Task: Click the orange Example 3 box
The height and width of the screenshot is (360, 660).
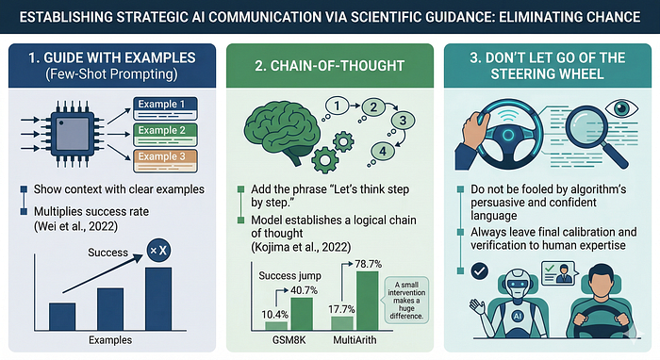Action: pos(165,160)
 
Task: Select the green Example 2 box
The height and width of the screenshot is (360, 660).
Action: pos(165,135)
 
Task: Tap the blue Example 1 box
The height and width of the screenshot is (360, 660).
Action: pos(165,108)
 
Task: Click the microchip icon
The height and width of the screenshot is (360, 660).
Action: pos(73,134)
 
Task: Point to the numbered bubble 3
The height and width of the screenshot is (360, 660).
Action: pos(403,121)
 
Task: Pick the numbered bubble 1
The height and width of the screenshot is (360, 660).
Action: pos(337,106)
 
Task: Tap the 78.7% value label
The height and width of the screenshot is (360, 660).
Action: pos(368,264)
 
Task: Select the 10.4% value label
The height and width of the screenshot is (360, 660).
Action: pos(275,315)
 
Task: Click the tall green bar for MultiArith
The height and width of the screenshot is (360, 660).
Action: pos(367,301)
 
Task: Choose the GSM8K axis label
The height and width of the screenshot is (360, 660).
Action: pos(289,340)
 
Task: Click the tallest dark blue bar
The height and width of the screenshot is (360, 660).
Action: pos(158,299)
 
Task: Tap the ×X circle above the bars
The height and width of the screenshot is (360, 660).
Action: pos(158,251)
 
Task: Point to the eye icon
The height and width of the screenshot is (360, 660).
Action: pos(621,108)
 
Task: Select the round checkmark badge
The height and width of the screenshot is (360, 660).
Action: pos(479,271)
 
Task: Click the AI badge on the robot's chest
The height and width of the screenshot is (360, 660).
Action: pos(517,317)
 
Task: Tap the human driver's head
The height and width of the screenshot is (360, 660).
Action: pos(602,281)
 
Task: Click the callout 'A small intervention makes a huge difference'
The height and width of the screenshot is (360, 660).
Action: pos(406,301)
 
